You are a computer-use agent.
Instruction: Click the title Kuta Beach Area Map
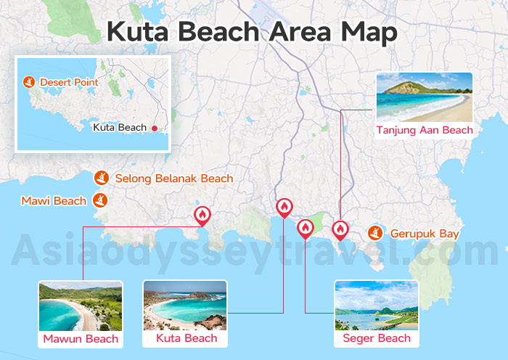[253, 32]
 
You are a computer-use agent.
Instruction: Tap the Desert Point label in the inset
[69, 82]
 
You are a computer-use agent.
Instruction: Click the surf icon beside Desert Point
[29, 82]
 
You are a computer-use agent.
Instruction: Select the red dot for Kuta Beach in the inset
[155, 128]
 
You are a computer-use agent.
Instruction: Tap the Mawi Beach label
[54, 200]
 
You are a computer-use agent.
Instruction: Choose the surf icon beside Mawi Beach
[101, 200]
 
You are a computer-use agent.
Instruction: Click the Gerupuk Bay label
[425, 234]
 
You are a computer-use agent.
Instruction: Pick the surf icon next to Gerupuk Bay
[375, 233]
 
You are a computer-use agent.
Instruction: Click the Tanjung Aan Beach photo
[425, 97]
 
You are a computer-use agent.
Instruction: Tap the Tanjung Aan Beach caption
[425, 131]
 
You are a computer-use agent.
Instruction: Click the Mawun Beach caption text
[81, 339]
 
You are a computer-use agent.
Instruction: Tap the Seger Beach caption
[377, 338]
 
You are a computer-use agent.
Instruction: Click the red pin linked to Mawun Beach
[202, 215]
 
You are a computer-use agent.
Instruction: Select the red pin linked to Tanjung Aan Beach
[340, 229]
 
